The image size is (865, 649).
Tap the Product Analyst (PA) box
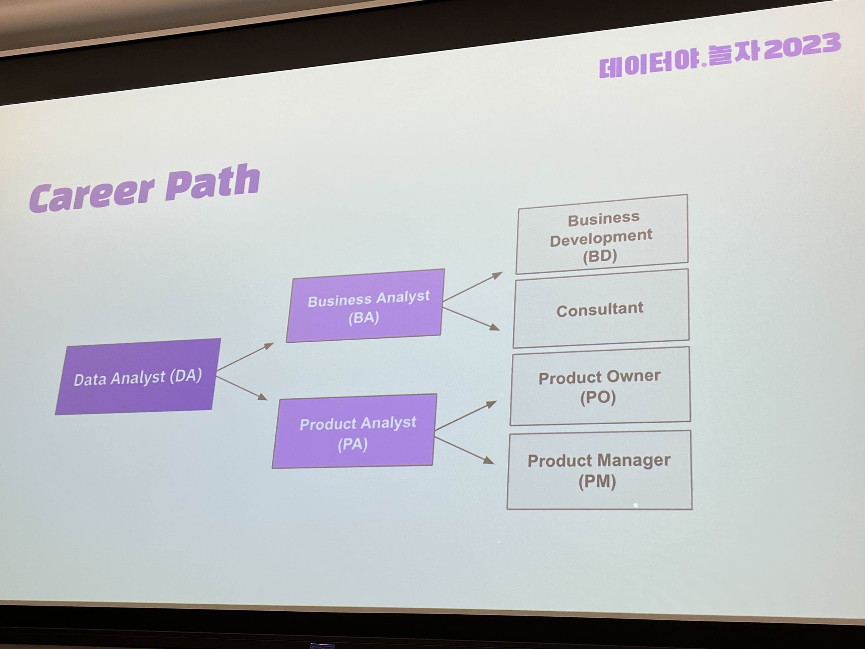click(x=355, y=432)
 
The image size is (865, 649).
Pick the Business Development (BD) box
click(x=601, y=234)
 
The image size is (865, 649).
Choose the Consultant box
click(x=601, y=309)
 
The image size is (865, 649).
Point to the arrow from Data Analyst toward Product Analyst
click(x=242, y=388)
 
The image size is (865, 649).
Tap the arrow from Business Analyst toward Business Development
click(x=472, y=287)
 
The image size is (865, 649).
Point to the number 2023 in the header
click(x=801, y=46)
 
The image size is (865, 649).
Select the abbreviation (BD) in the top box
click(x=600, y=256)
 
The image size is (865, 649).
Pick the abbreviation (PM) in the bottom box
click(x=597, y=481)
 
